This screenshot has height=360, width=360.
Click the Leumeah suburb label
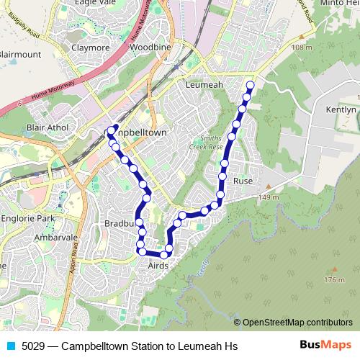coord(204,84)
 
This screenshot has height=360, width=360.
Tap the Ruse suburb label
coord(243,181)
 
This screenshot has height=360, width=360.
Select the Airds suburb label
coord(158,266)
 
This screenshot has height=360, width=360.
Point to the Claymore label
coord(90,48)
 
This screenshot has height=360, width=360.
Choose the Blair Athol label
coord(46,127)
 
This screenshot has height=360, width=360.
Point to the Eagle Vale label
coord(93,3)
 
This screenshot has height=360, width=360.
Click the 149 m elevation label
coord(268,198)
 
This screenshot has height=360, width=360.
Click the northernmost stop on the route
coord(250,86)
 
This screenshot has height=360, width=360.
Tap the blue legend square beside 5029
coord(11,346)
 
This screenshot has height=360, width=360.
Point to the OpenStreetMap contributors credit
coord(297,322)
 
